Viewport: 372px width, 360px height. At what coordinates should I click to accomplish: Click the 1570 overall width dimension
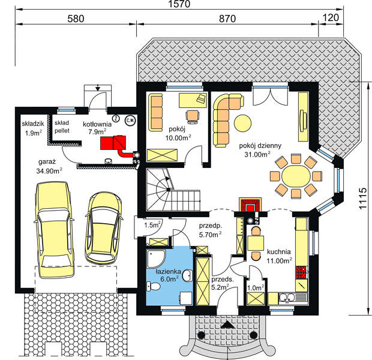pyautogui.click(x=179, y=4)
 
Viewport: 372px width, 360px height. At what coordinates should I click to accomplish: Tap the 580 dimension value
pyautogui.click(x=76, y=19)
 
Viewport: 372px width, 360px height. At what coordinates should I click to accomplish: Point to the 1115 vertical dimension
pyautogui.click(x=363, y=199)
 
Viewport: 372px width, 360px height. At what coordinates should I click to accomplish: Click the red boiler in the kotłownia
pyautogui.click(x=113, y=143)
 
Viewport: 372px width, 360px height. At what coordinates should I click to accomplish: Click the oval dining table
pyautogui.click(x=296, y=176)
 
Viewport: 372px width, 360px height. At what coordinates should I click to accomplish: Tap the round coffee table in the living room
pyautogui.click(x=243, y=122)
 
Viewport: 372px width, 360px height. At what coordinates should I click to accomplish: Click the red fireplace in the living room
pyautogui.click(x=250, y=205)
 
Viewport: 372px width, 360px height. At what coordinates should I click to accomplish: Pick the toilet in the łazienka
pyautogui.click(x=153, y=286)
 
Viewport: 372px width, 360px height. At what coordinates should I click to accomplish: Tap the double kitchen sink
pyautogui.click(x=287, y=297)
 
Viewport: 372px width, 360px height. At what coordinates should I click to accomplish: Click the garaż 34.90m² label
pyautogui.click(x=49, y=166)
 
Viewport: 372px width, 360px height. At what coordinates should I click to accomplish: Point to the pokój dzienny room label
pyautogui.click(x=260, y=145)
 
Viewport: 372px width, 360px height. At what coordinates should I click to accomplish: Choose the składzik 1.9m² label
pyautogui.click(x=33, y=128)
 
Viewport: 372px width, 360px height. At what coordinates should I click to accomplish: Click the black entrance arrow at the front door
pyautogui.click(x=227, y=325)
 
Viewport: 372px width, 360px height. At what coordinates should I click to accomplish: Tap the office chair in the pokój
pyautogui.click(x=193, y=116)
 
